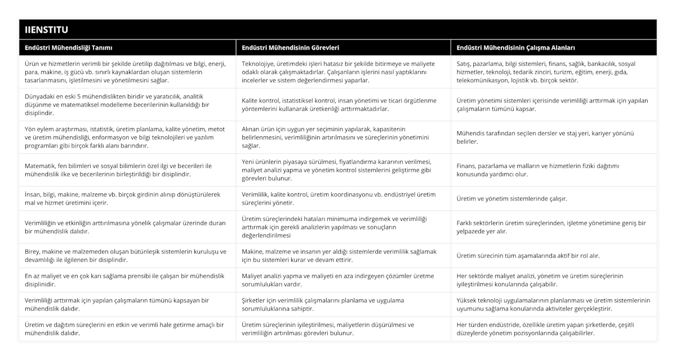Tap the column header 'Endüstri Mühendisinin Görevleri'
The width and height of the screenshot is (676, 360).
click(290, 48)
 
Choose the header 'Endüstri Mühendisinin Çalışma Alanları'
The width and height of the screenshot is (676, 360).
click(515, 48)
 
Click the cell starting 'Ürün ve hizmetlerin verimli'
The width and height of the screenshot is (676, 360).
click(127, 72)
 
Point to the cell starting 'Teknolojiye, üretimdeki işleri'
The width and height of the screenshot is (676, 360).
click(343, 72)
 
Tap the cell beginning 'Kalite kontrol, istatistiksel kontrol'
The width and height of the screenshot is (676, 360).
click(343, 105)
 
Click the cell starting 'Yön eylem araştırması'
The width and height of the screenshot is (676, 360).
click(127, 137)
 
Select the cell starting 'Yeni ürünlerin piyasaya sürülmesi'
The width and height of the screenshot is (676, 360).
click(343, 170)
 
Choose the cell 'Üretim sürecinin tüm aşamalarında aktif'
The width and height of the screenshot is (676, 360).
click(528, 256)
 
